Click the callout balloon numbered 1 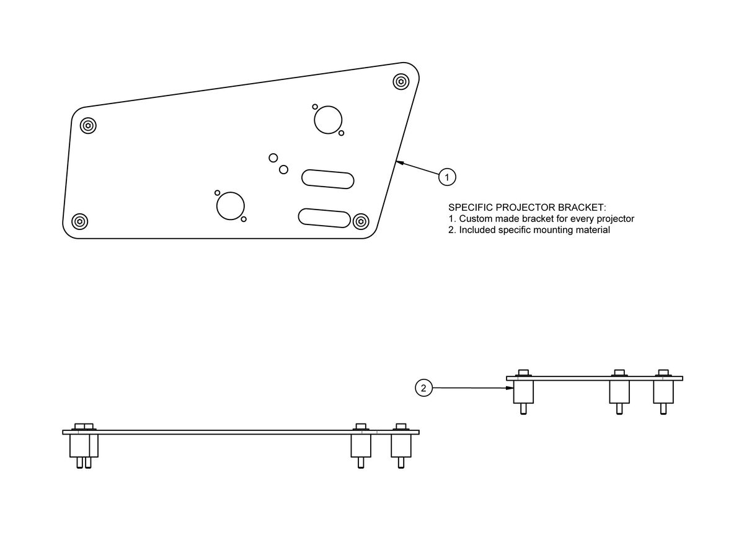click(447, 177)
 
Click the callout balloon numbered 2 click(423, 388)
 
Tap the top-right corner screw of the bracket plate click(401, 82)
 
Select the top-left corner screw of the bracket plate click(88, 126)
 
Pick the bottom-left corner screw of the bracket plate click(79, 222)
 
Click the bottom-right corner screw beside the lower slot click(361, 221)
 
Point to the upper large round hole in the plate click(328, 120)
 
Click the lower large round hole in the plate click(230, 206)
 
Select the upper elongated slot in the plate click(327, 179)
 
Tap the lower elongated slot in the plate click(324, 218)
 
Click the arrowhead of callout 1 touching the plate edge click(400, 163)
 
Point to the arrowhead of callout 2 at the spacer click(510, 388)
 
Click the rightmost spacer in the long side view click(401, 446)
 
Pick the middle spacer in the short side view click(619, 392)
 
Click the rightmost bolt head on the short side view click(663, 373)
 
